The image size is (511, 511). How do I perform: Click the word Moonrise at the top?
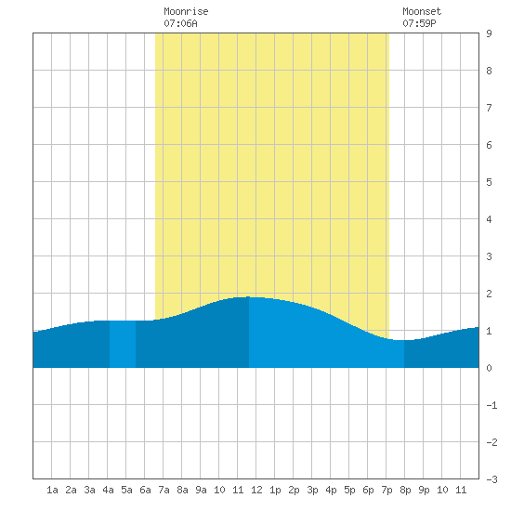click(186, 11)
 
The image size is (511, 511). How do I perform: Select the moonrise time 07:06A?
click(180, 23)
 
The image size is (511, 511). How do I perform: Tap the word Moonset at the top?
click(422, 11)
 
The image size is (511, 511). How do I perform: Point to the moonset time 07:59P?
click(419, 23)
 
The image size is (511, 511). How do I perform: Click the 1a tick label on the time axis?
click(52, 490)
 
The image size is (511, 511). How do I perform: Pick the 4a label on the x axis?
click(108, 490)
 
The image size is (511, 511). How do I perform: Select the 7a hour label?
click(164, 490)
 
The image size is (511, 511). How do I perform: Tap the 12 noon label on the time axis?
click(256, 490)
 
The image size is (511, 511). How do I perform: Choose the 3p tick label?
click(312, 490)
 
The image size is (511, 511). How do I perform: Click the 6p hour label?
click(368, 490)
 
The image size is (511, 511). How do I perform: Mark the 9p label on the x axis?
click(424, 490)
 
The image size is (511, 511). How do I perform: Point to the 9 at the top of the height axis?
click(489, 33)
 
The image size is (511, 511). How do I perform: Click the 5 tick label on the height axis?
click(489, 182)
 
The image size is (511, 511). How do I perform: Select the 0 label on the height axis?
click(489, 368)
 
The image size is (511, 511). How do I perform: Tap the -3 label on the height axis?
click(491, 479)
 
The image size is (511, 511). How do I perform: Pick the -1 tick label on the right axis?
click(491, 405)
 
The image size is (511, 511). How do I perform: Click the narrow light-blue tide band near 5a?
click(123, 344)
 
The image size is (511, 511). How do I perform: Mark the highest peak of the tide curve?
click(249, 297)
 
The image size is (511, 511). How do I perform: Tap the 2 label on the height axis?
click(489, 294)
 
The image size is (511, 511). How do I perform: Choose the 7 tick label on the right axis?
click(489, 108)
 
